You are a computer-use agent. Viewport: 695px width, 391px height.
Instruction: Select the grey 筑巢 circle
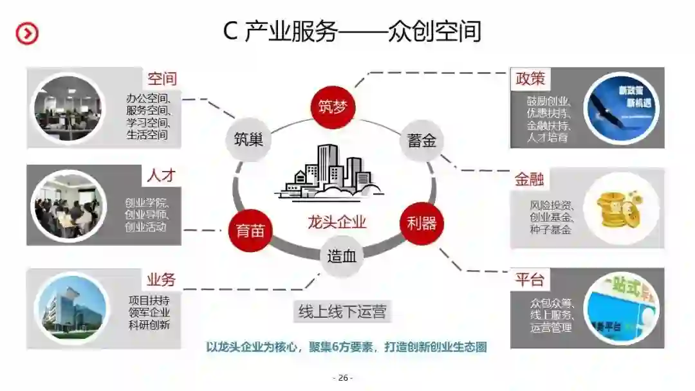248,140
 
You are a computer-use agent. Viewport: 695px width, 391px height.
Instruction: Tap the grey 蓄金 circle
422,140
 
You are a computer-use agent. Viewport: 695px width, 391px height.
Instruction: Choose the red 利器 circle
422,223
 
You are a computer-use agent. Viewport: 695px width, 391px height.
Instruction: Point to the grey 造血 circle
341,257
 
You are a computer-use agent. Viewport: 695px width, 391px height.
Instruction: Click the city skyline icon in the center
329,172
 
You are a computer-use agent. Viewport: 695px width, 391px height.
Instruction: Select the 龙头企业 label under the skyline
337,223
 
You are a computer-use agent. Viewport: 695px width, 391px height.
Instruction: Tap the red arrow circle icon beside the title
27,33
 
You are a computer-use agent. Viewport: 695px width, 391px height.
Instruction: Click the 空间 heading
162,79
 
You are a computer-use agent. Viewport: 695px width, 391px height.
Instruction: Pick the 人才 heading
161,175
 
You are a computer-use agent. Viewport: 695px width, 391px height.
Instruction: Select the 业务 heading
161,279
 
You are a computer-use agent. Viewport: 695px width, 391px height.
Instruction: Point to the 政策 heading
530,78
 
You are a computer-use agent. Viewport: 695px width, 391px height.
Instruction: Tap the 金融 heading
530,179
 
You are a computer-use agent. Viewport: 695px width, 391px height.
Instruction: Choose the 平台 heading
530,280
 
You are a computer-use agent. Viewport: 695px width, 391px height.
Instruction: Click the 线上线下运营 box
342,313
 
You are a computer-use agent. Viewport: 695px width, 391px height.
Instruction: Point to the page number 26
342,377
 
